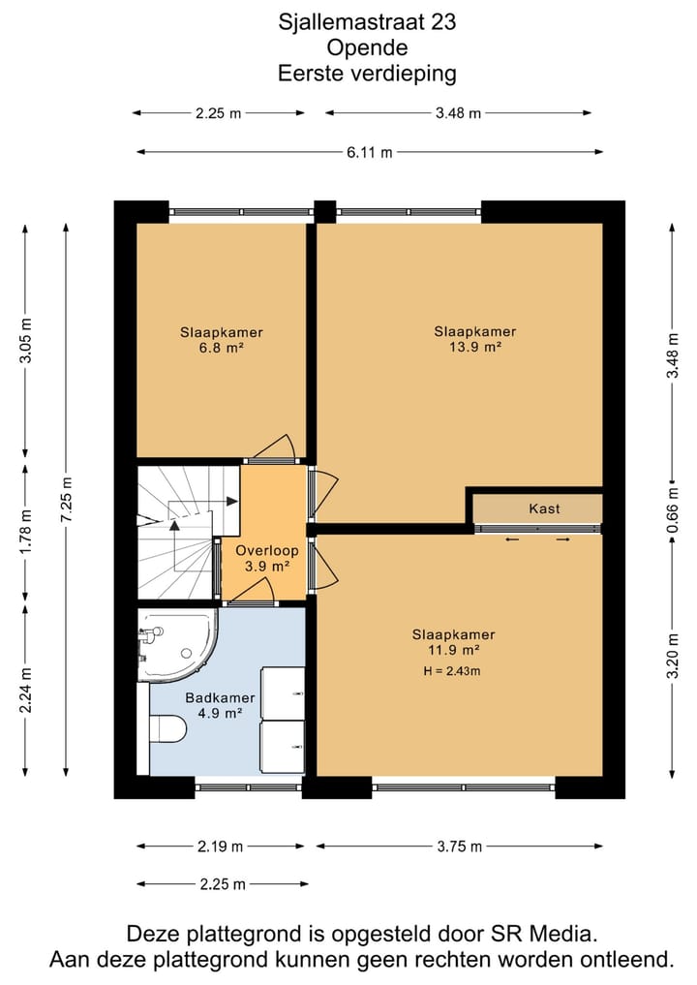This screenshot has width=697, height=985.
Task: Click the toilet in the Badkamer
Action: (x=167, y=729)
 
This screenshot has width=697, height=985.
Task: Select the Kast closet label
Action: (x=544, y=508)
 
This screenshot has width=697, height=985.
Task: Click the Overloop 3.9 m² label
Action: (x=267, y=559)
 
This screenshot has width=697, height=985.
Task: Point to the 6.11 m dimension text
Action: (x=370, y=152)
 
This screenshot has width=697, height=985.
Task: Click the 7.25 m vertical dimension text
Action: (x=67, y=499)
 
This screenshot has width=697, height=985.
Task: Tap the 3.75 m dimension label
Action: (x=460, y=846)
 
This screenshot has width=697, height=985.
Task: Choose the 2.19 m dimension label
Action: (x=221, y=846)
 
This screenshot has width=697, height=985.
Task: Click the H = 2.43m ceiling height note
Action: (x=452, y=671)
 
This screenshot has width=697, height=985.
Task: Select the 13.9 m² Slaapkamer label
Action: (x=475, y=339)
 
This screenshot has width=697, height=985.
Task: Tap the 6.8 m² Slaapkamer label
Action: (x=221, y=340)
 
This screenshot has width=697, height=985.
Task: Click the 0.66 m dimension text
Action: (x=673, y=509)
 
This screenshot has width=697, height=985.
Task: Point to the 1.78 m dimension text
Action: (x=26, y=533)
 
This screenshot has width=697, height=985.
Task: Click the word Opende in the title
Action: (x=367, y=47)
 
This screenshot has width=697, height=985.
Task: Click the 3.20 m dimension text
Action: (x=673, y=656)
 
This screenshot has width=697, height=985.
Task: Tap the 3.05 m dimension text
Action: (x=26, y=341)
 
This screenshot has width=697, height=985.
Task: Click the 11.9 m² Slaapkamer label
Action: (x=453, y=643)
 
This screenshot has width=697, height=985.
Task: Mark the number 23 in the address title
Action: (x=443, y=22)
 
